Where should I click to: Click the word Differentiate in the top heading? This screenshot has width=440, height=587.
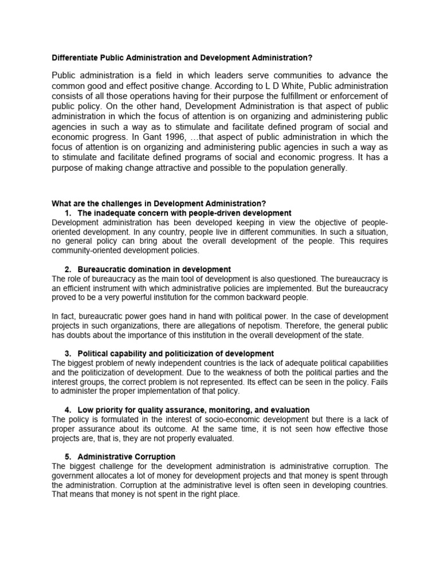(x=73, y=58)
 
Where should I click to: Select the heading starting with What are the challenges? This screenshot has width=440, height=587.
(x=159, y=204)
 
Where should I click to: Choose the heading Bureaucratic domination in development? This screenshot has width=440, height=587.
(x=154, y=269)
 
